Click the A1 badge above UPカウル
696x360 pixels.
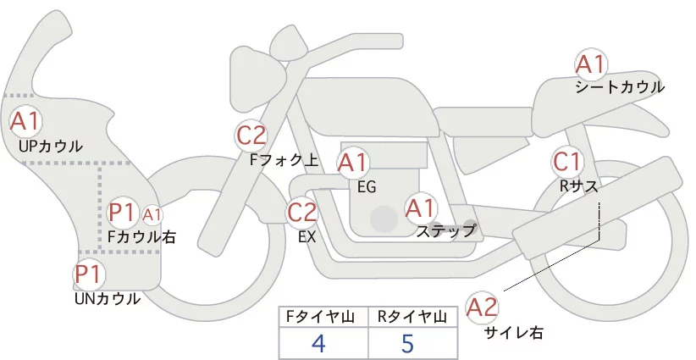[x=25, y=120]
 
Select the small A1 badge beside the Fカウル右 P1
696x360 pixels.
[x=152, y=215]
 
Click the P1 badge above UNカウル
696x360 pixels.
[x=88, y=274]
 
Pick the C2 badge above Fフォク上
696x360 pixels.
[x=251, y=135]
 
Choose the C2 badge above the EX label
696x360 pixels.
[x=302, y=212]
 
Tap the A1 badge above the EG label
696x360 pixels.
[x=353, y=162]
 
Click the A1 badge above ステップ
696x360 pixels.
[x=421, y=207]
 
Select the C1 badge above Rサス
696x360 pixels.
[x=566, y=161]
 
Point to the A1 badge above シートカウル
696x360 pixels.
[x=590, y=64]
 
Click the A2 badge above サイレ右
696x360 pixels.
[x=483, y=307]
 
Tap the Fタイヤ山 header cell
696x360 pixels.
[x=323, y=317]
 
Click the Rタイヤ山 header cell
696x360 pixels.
[x=414, y=317]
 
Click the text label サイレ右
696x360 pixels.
[x=514, y=333]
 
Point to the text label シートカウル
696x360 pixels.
[x=620, y=87]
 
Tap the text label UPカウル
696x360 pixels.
[x=50, y=146]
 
